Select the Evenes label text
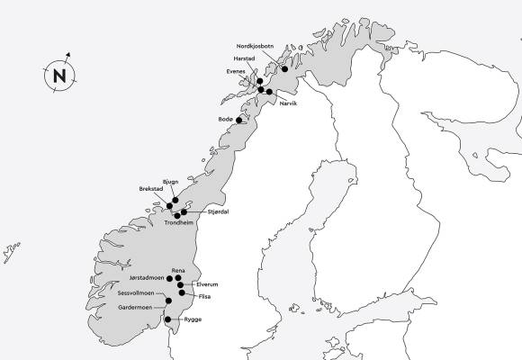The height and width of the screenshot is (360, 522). pos(238,76)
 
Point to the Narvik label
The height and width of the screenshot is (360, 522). pos(288,103)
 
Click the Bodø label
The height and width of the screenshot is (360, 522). pos(226,119)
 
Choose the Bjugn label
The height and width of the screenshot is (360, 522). pos(172,182)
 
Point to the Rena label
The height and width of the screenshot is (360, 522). pos(178,270)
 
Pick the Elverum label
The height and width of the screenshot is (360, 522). pos(207,284)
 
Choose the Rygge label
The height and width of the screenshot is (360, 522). pos(193,319)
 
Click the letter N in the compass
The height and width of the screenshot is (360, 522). pos(60,76)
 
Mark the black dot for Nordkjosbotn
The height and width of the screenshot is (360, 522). pos(284,68)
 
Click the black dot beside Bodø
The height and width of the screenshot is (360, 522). pos(239,119)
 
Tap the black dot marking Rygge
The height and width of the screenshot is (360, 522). pos(167,318)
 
